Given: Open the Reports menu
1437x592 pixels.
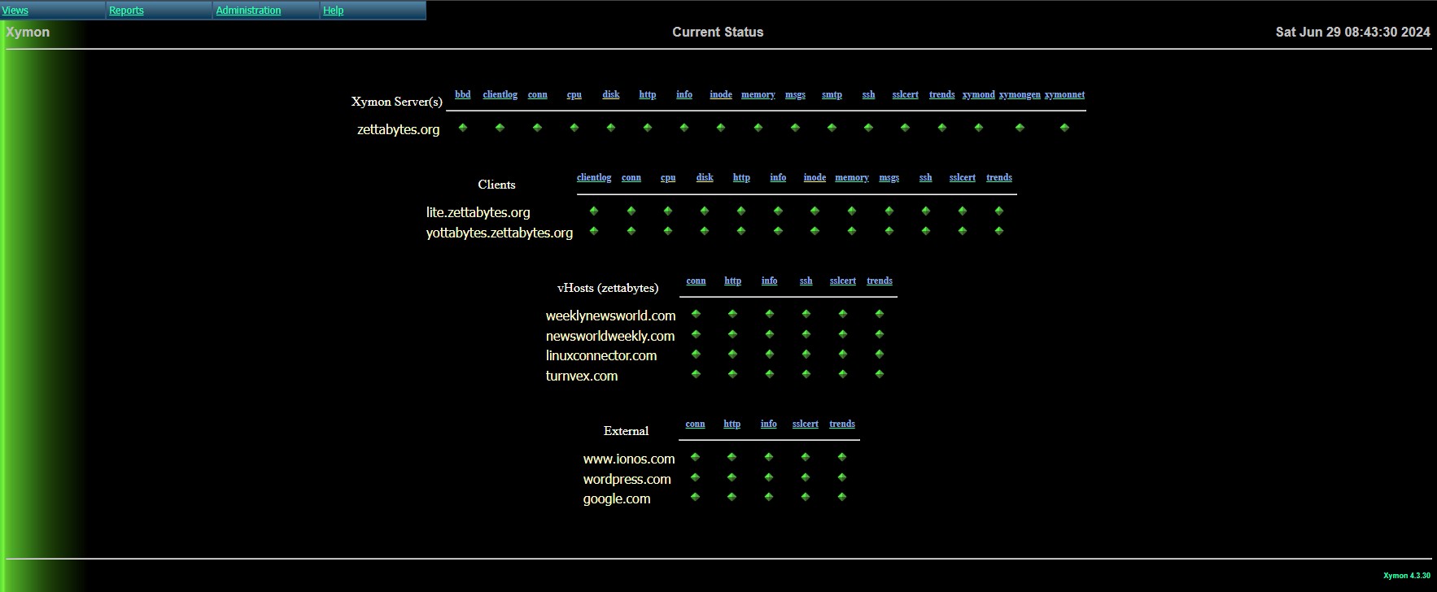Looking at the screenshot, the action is tap(126, 11).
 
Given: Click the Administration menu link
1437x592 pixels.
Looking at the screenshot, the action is tap(248, 11).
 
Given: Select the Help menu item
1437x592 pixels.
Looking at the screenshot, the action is tap(333, 11).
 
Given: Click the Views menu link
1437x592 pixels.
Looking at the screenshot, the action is tap(15, 11).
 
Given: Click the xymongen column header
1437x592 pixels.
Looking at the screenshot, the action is tap(1020, 94).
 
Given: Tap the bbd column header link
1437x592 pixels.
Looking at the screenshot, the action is tap(462, 94).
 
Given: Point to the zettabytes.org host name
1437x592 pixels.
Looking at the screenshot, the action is tap(399, 129).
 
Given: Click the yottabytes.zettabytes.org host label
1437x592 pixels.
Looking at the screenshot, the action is tap(500, 233).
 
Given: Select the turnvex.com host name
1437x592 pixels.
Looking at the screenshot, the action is tap(582, 376).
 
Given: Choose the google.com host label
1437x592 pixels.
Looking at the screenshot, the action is tap(617, 498).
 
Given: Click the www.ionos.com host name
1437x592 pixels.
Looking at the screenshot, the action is tap(629, 459).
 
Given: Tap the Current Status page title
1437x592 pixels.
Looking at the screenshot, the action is tap(718, 33).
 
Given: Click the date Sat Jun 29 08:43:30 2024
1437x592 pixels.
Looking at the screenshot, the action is tap(1352, 33).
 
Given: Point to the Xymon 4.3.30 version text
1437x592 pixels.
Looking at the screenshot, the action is tap(1407, 576).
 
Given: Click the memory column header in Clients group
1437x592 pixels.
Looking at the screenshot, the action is tap(852, 177).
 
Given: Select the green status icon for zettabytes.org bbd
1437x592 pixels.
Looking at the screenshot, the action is tap(463, 128).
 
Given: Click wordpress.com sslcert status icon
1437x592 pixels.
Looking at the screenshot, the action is tap(806, 477).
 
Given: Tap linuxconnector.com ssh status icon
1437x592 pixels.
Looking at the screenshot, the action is tap(806, 354).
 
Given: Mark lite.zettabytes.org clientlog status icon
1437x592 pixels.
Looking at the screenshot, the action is tap(594, 211).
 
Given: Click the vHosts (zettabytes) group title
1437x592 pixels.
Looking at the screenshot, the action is tap(608, 288).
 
